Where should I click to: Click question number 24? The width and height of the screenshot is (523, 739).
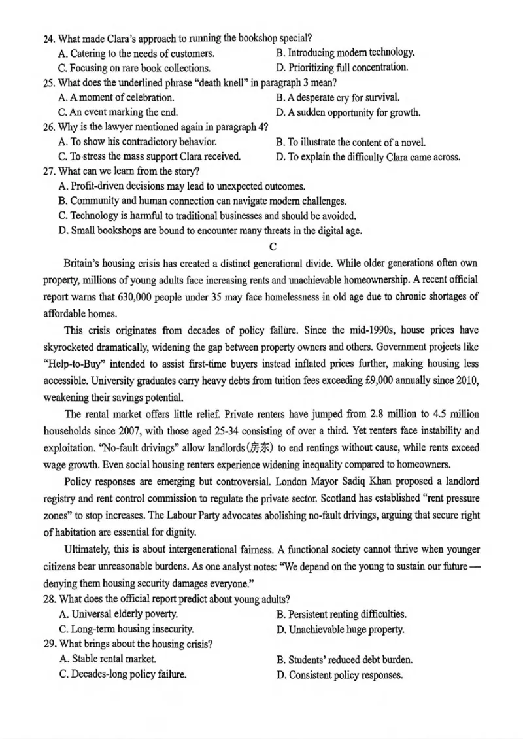[48, 39]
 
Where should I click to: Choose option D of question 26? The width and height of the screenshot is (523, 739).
[368, 157]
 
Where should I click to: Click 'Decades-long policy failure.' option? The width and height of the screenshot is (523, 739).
[122, 674]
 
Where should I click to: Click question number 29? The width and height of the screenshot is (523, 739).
[48, 644]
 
